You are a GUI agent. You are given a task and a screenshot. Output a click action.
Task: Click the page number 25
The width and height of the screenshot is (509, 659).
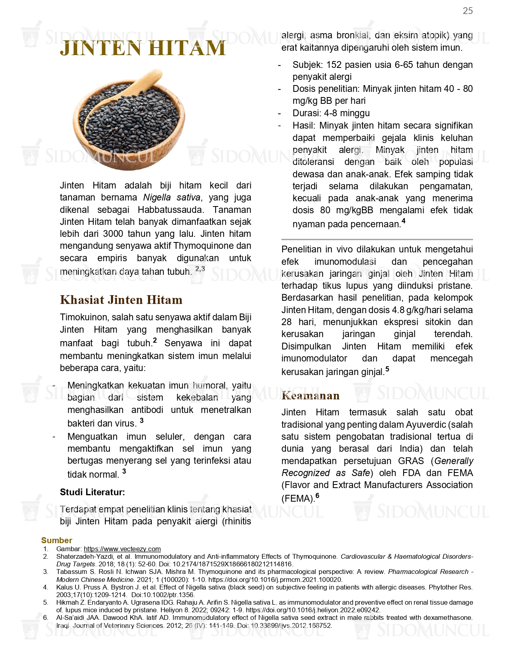click(x=467, y=11)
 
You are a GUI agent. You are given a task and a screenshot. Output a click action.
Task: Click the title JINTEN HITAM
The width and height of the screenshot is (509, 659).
click(x=143, y=48)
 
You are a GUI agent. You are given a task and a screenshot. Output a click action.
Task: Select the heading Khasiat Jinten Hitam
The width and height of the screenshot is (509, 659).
click(x=121, y=300)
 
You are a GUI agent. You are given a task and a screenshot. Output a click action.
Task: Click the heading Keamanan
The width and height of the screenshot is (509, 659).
click(x=310, y=395)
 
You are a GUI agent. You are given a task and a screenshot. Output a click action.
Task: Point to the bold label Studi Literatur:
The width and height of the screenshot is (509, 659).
click(x=92, y=492)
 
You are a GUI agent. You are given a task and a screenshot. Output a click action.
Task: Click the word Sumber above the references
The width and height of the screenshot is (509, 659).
click(x=56, y=540)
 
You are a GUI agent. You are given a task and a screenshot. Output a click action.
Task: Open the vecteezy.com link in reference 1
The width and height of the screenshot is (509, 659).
click(x=122, y=549)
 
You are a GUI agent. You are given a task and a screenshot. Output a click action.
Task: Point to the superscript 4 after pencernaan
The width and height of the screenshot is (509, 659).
click(x=403, y=221)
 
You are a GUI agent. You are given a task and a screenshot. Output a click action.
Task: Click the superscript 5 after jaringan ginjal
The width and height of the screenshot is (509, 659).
click(x=387, y=369)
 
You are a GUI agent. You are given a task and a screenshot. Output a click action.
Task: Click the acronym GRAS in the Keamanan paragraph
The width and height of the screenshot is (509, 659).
click(x=411, y=461)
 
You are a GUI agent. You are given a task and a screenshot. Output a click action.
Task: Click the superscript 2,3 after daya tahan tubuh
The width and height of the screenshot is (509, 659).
click(x=200, y=269)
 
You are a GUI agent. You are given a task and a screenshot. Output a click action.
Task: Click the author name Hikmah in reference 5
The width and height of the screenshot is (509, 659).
click(x=66, y=602)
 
